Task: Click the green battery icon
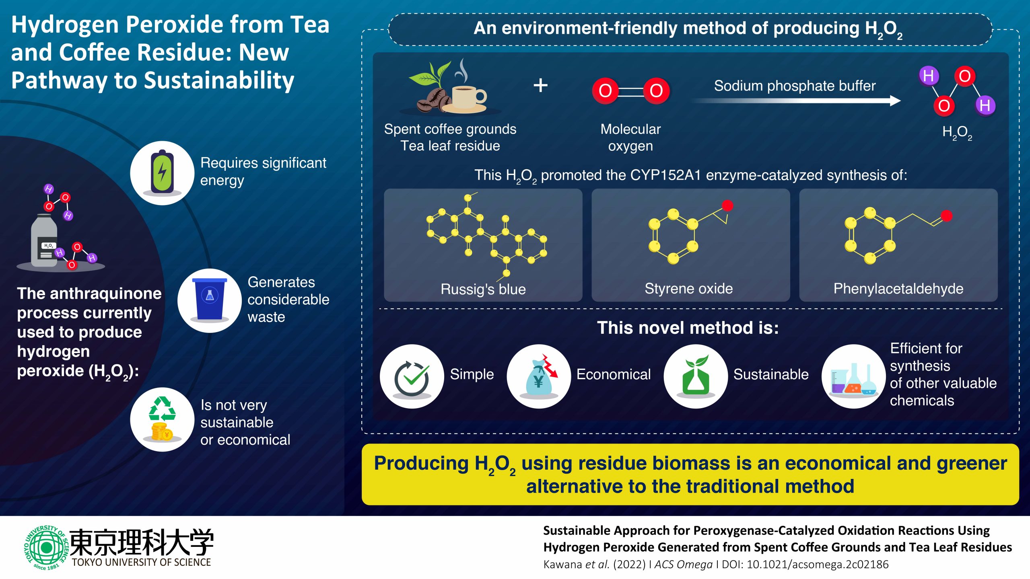point(162,173)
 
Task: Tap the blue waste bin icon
point(210,300)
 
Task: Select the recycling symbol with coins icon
point(162,419)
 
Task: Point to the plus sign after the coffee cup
point(540,85)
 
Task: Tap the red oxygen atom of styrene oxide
point(727,205)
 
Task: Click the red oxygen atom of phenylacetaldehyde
point(946,216)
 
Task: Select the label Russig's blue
point(483,289)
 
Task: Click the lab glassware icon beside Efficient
point(853,378)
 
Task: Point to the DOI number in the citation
point(817,565)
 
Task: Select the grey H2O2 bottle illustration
point(44,241)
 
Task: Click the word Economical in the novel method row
point(613,374)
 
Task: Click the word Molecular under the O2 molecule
point(630,129)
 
